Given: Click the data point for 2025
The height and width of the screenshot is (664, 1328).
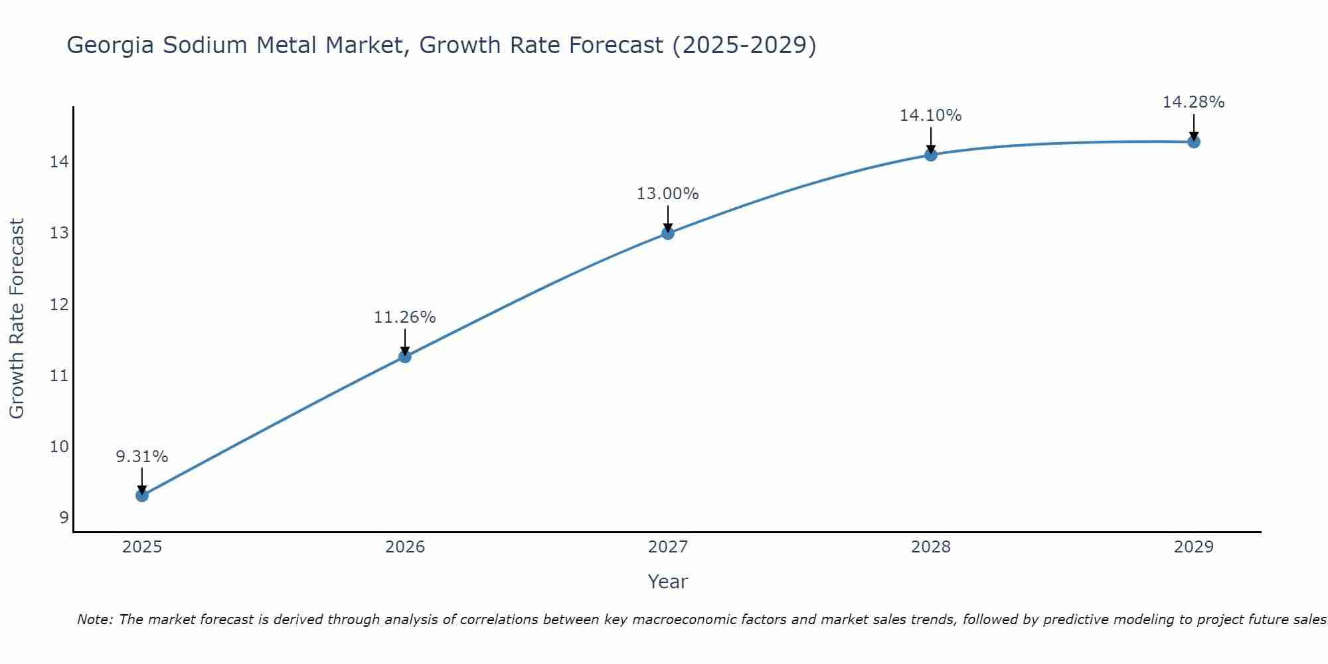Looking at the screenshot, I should pyautogui.click(x=141, y=495).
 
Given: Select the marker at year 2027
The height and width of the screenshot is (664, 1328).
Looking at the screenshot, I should pyautogui.click(x=667, y=233).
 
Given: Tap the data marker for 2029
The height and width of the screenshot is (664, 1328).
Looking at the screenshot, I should pyautogui.click(x=1193, y=141).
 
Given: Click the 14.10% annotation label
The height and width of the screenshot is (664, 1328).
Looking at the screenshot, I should pyautogui.click(x=930, y=116).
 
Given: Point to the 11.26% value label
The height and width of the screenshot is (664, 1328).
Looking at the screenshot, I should pyautogui.click(x=404, y=317).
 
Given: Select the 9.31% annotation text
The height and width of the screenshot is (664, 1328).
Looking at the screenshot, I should pyautogui.click(x=141, y=457).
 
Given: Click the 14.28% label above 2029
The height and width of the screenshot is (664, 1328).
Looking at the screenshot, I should pyautogui.click(x=1193, y=102).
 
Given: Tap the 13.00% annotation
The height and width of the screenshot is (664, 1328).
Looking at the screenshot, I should pyautogui.click(x=667, y=194).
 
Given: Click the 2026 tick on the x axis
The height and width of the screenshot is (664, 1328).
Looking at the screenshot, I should pyautogui.click(x=404, y=547).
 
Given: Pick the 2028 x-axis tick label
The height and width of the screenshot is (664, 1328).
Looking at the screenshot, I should pyautogui.click(x=930, y=547).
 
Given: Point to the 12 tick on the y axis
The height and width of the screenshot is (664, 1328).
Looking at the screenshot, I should pyautogui.click(x=59, y=305).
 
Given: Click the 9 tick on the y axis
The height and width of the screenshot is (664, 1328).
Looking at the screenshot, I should pyautogui.click(x=64, y=518).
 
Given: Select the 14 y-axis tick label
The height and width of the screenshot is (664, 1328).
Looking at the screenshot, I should pyautogui.click(x=59, y=162).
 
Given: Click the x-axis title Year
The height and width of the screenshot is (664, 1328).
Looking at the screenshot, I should pyautogui.click(x=667, y=582).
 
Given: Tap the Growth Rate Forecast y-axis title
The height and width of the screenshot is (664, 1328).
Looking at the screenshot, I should pyautogui.click(x=17, y=319).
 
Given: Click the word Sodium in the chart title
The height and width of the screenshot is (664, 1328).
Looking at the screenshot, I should pyautogui.click(x=206, y=45).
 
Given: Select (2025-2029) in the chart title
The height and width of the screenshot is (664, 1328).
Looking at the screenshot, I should pyautogui.click(x=744, y=45).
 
